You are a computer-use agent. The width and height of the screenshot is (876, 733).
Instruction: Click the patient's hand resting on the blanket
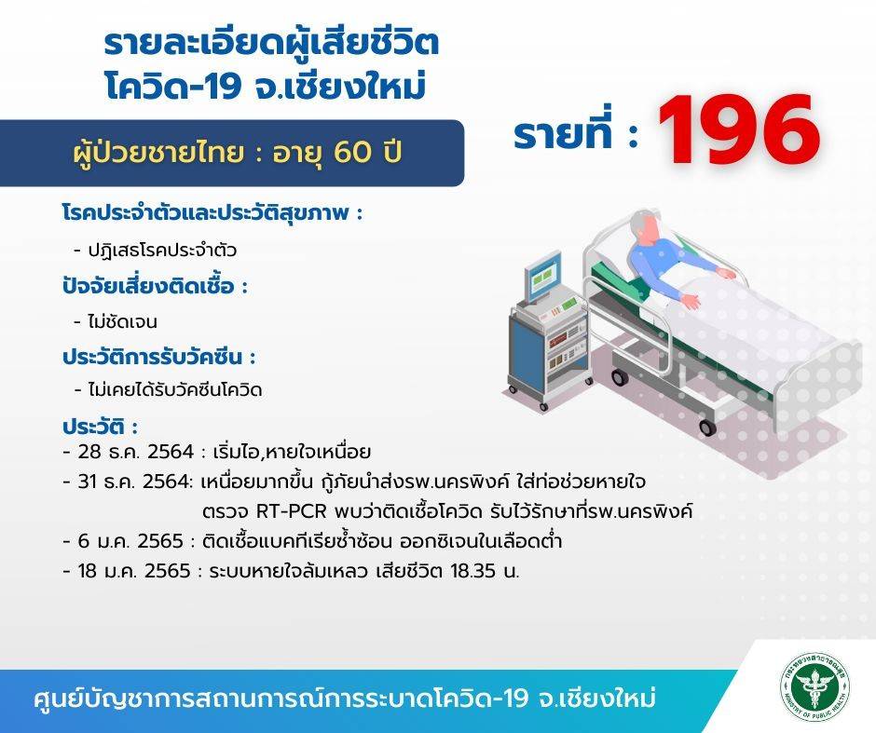[x=691, y=301]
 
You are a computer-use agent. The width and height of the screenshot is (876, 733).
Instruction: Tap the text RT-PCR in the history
[x=291, y=510]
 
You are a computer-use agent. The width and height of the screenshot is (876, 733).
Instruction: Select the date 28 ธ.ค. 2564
[x=136, y=451]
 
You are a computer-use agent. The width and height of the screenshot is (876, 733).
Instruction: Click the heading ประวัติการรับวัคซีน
[x=153, y=356]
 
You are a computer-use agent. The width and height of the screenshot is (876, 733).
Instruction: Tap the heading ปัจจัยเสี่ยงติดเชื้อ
[x=148, y=286]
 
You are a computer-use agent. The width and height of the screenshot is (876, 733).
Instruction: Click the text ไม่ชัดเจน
[x=123, y=321]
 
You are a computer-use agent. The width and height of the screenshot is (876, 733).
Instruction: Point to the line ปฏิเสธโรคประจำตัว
[x=162, y=250]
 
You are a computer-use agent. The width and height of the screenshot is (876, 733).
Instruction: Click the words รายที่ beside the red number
[x=563, y=133]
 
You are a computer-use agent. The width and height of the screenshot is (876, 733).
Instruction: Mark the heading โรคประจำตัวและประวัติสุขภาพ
[x=206, y=212]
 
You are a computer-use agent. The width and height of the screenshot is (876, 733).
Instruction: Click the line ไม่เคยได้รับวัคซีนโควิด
[x=175, y=389]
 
